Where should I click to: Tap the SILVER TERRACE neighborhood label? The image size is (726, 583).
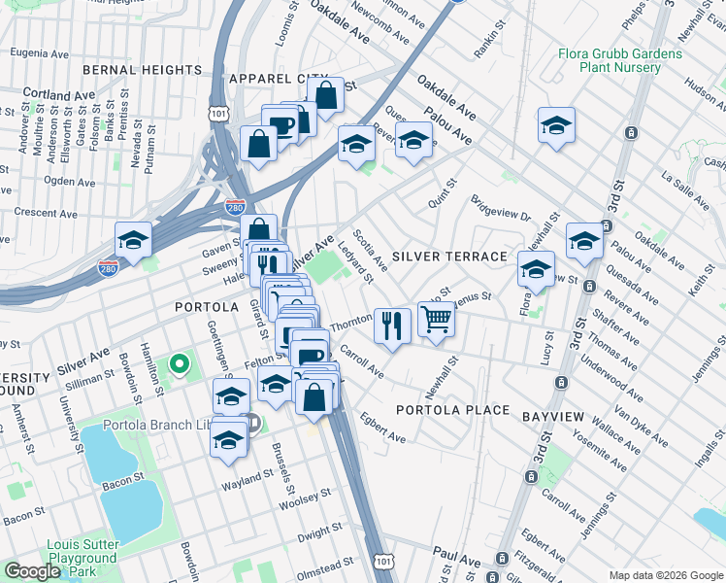[x=449, y=257]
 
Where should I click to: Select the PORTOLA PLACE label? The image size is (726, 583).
[x=452, y=410]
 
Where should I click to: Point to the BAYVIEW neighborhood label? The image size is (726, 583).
[x=552, y=417]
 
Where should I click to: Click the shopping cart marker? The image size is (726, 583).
[x=437, y=318]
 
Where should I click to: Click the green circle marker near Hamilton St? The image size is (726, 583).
[x=179, y=365]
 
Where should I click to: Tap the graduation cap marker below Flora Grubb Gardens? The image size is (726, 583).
[x=556, y=125]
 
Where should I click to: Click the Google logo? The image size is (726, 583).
[x=32, y=571]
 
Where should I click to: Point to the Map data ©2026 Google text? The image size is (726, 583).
[x=665, y=575]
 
